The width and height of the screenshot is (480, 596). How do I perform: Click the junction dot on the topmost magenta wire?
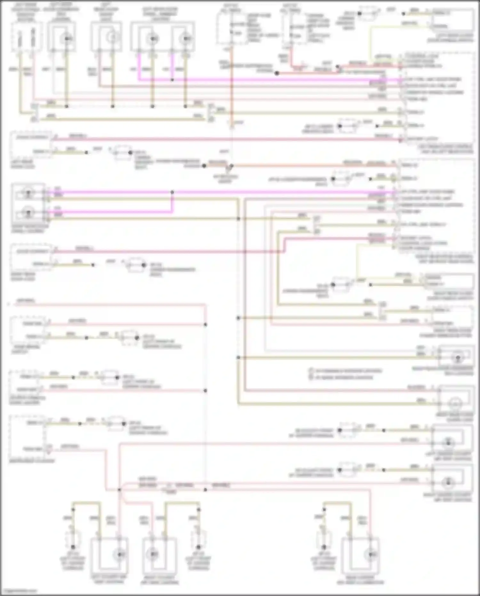coord(172,79)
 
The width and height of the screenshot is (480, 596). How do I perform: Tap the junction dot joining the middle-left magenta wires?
coord(172,192)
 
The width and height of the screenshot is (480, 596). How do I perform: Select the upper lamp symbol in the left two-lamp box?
coord(28,193)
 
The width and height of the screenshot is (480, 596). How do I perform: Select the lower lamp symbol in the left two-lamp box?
coord(28,212)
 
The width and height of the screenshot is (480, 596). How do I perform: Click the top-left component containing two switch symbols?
coord(27,37)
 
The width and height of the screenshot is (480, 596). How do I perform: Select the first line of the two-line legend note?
coord(346,371)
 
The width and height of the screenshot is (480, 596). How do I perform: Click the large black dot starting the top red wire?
coord(277,73)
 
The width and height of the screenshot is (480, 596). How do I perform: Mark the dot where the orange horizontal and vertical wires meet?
coord(231,166)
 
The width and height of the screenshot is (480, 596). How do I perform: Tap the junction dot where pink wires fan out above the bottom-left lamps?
coord(119,490)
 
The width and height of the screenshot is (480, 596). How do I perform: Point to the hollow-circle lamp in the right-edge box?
coord(455,404)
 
